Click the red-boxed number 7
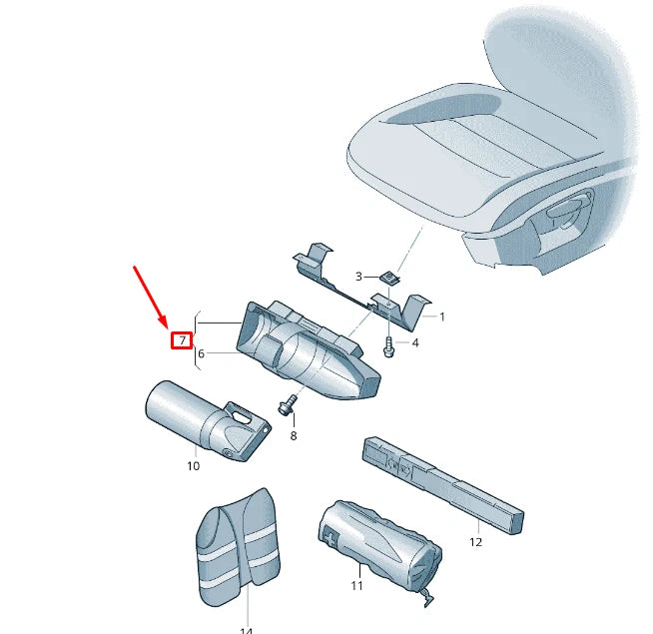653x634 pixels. [x=182, y=340]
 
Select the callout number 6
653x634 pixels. [x=201, y=353]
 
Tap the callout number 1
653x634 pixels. [x=442, y=317]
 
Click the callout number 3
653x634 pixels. [x=359, y=277]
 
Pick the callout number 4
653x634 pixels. [x=415, y=343]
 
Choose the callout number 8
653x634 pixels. [x=294, y=435]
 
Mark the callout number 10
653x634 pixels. [x=193, y=465]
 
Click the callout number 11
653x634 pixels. [x=356, y=585]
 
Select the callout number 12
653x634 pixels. [x=475, y=542]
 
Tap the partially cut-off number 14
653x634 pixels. [x=246, y=629]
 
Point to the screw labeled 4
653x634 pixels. [x=387, y=345]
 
